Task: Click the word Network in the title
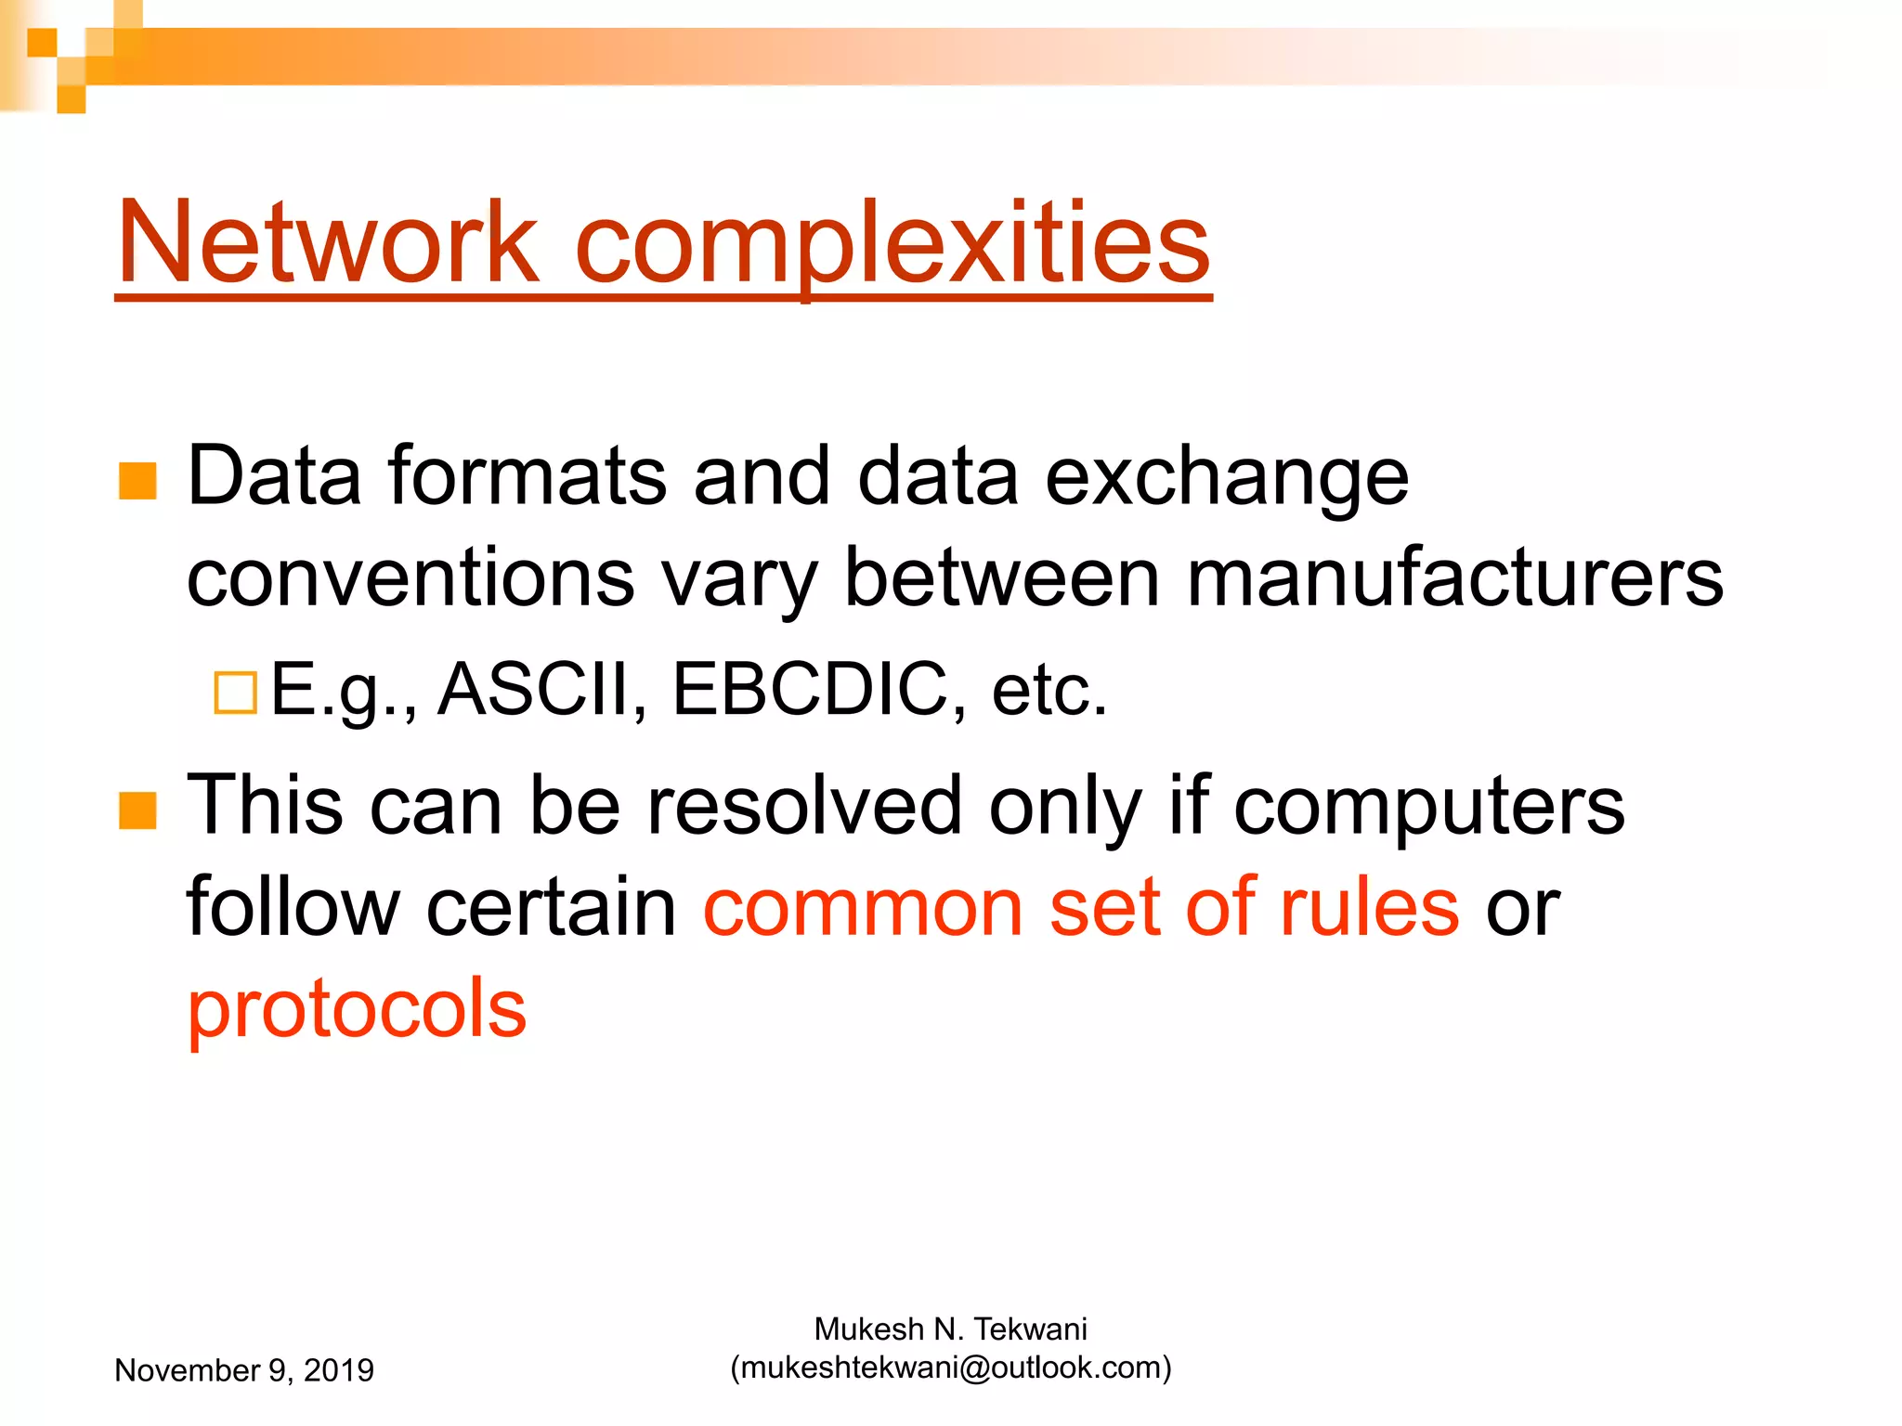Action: tap(327, 243)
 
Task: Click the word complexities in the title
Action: tap(892, 243)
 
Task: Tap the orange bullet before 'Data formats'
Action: tap(137, 481)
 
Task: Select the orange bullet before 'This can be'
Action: tap(137, 810)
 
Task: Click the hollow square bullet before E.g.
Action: tap(235, 693)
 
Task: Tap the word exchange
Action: tap(1227, 476)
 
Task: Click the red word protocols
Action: tap(357, 1009)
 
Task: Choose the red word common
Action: tap(863, 907)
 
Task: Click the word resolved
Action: tap(804, 805)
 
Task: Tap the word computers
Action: tap(1429, 805)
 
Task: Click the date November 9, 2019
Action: tap(244, 1370)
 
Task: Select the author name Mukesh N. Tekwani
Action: tap(950, 1329)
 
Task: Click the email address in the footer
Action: tap(951, 1368)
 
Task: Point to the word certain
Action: tap(552, 907)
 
